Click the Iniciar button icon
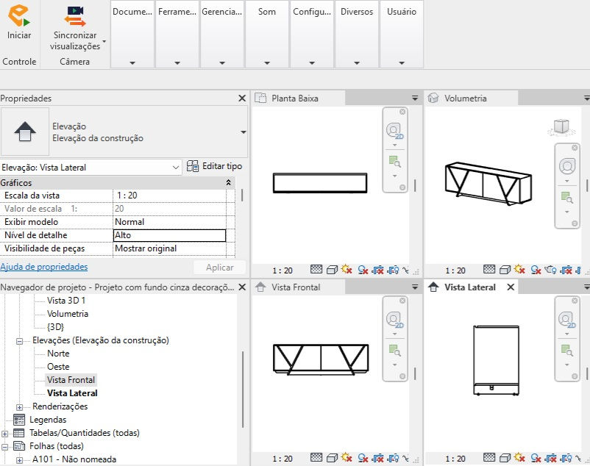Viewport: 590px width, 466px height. coord(19,15)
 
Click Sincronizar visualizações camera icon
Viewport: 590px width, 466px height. coord(75,16)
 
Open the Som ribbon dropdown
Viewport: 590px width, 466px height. coord(267,62)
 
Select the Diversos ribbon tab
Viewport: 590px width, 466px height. coord(357,12)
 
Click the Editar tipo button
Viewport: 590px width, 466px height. coord(214,166)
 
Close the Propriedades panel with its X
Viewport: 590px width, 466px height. coord(242,98)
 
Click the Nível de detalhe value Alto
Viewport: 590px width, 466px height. coord(169,235)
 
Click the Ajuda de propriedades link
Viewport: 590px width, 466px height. coord(44,267)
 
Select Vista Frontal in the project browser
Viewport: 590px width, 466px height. coord(71,380)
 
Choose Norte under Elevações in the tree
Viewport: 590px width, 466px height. coord(58,354)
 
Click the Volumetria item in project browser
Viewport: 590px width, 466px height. coord(68,314)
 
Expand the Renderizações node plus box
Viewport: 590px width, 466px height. coord(20,407)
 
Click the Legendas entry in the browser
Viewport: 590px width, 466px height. coord(48,420)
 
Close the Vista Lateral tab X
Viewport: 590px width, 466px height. coord(511,287)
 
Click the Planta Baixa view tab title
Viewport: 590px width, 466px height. coord(295,98)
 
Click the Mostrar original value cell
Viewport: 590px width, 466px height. coord(169,248)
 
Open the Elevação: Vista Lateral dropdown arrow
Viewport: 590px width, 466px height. coord(176,168)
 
